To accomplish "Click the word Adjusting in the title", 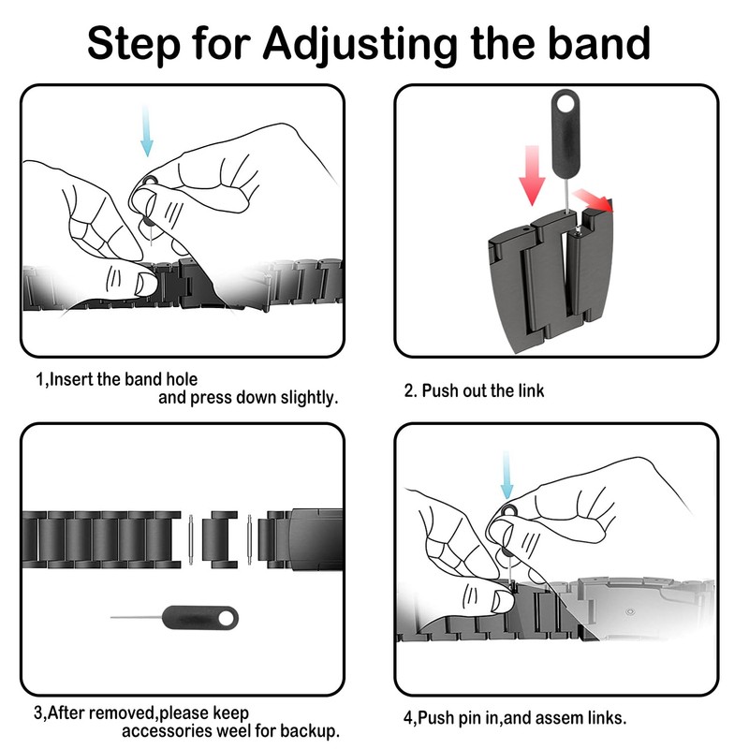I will (360, 42).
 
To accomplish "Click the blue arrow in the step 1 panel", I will (146, 132).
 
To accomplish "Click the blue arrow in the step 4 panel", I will (507, 475).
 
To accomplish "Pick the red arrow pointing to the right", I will (594, 198).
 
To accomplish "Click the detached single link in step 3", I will (220, 538).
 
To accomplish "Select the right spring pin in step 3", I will (249, 538).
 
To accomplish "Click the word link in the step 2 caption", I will (529, 390).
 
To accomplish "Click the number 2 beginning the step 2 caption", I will (409, 390).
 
